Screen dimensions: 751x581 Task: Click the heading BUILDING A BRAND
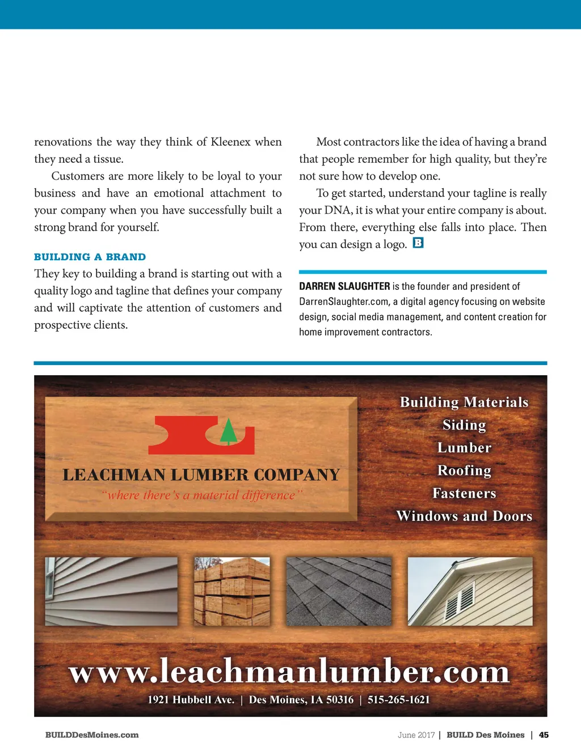[90, 257]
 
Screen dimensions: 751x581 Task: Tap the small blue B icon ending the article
[418, 243]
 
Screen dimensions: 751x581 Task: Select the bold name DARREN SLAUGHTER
[344, 286]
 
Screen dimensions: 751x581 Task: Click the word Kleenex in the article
[231, 142]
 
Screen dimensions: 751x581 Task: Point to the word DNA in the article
[338, 210]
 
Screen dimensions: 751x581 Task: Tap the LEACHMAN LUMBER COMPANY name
[201, 474]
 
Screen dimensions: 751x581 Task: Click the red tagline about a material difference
[202, 495]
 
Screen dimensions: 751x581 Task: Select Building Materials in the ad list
[464, 402]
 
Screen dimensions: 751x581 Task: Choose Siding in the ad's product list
[464, 425]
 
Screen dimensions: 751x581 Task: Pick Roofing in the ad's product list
[464, 470]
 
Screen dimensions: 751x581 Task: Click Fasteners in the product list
[464, 493]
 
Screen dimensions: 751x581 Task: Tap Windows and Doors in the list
[464, 516]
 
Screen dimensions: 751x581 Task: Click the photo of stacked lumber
[232, 591]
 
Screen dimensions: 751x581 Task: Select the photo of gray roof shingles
[339, 591]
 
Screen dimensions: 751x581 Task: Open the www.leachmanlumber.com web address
[289, 672]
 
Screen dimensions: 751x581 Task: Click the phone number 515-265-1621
[398, 699]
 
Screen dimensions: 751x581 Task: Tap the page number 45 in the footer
[544, 735]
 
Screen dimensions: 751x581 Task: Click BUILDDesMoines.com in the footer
[92, 735]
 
